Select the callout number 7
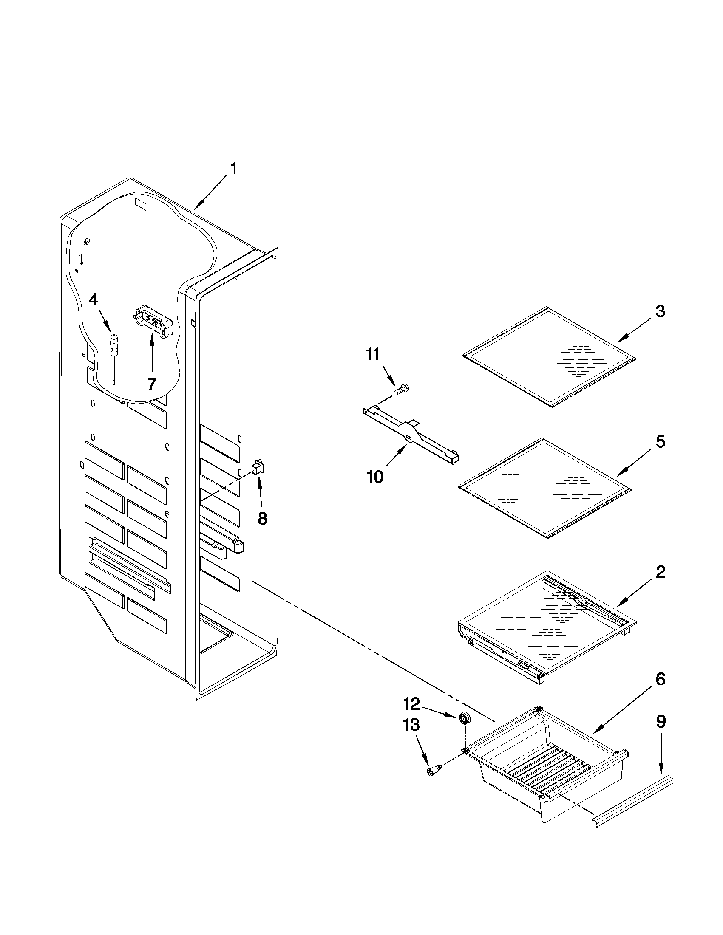152,384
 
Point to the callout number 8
262,518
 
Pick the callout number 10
375,477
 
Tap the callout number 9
661,722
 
